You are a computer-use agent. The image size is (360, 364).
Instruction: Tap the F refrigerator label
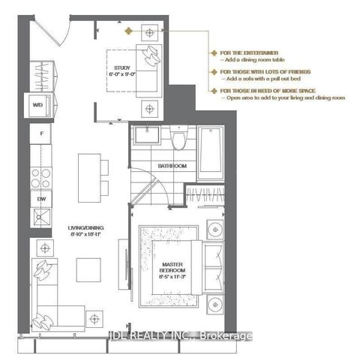[42, 135]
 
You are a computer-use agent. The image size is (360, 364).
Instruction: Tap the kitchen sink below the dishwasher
[41, 220]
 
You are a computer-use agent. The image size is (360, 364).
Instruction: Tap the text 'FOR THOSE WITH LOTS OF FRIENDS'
[253, 72]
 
